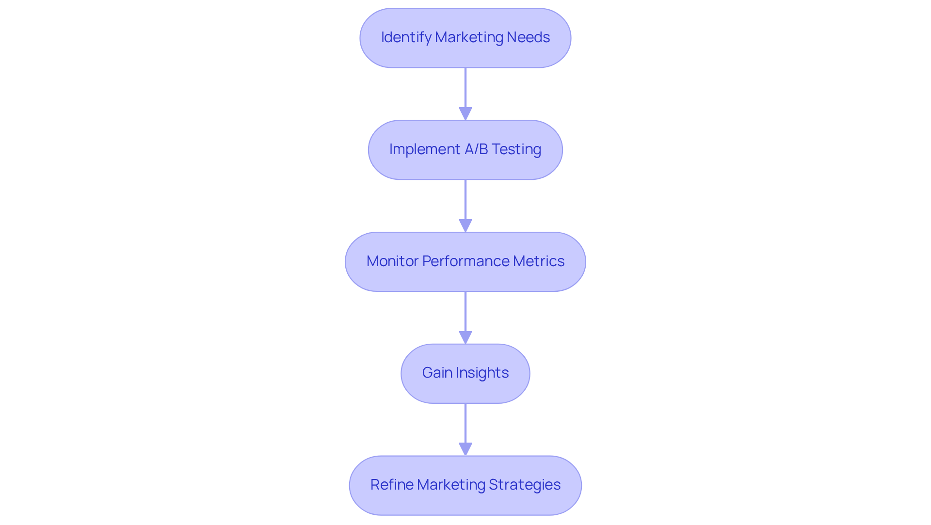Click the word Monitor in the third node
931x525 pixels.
tap(392, 261)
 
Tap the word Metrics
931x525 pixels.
tap(538, 261)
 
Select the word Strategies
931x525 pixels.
tap(525, 485)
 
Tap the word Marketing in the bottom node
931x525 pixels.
tap(451, 485)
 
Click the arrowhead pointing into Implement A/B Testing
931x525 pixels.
tap(465, 114)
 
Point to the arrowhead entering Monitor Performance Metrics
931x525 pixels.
tap(465, 226)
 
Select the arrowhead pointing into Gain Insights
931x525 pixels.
tap(465, 338)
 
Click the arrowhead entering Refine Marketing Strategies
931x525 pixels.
tap(465, 449)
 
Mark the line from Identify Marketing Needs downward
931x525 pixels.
tap(465, 87)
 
